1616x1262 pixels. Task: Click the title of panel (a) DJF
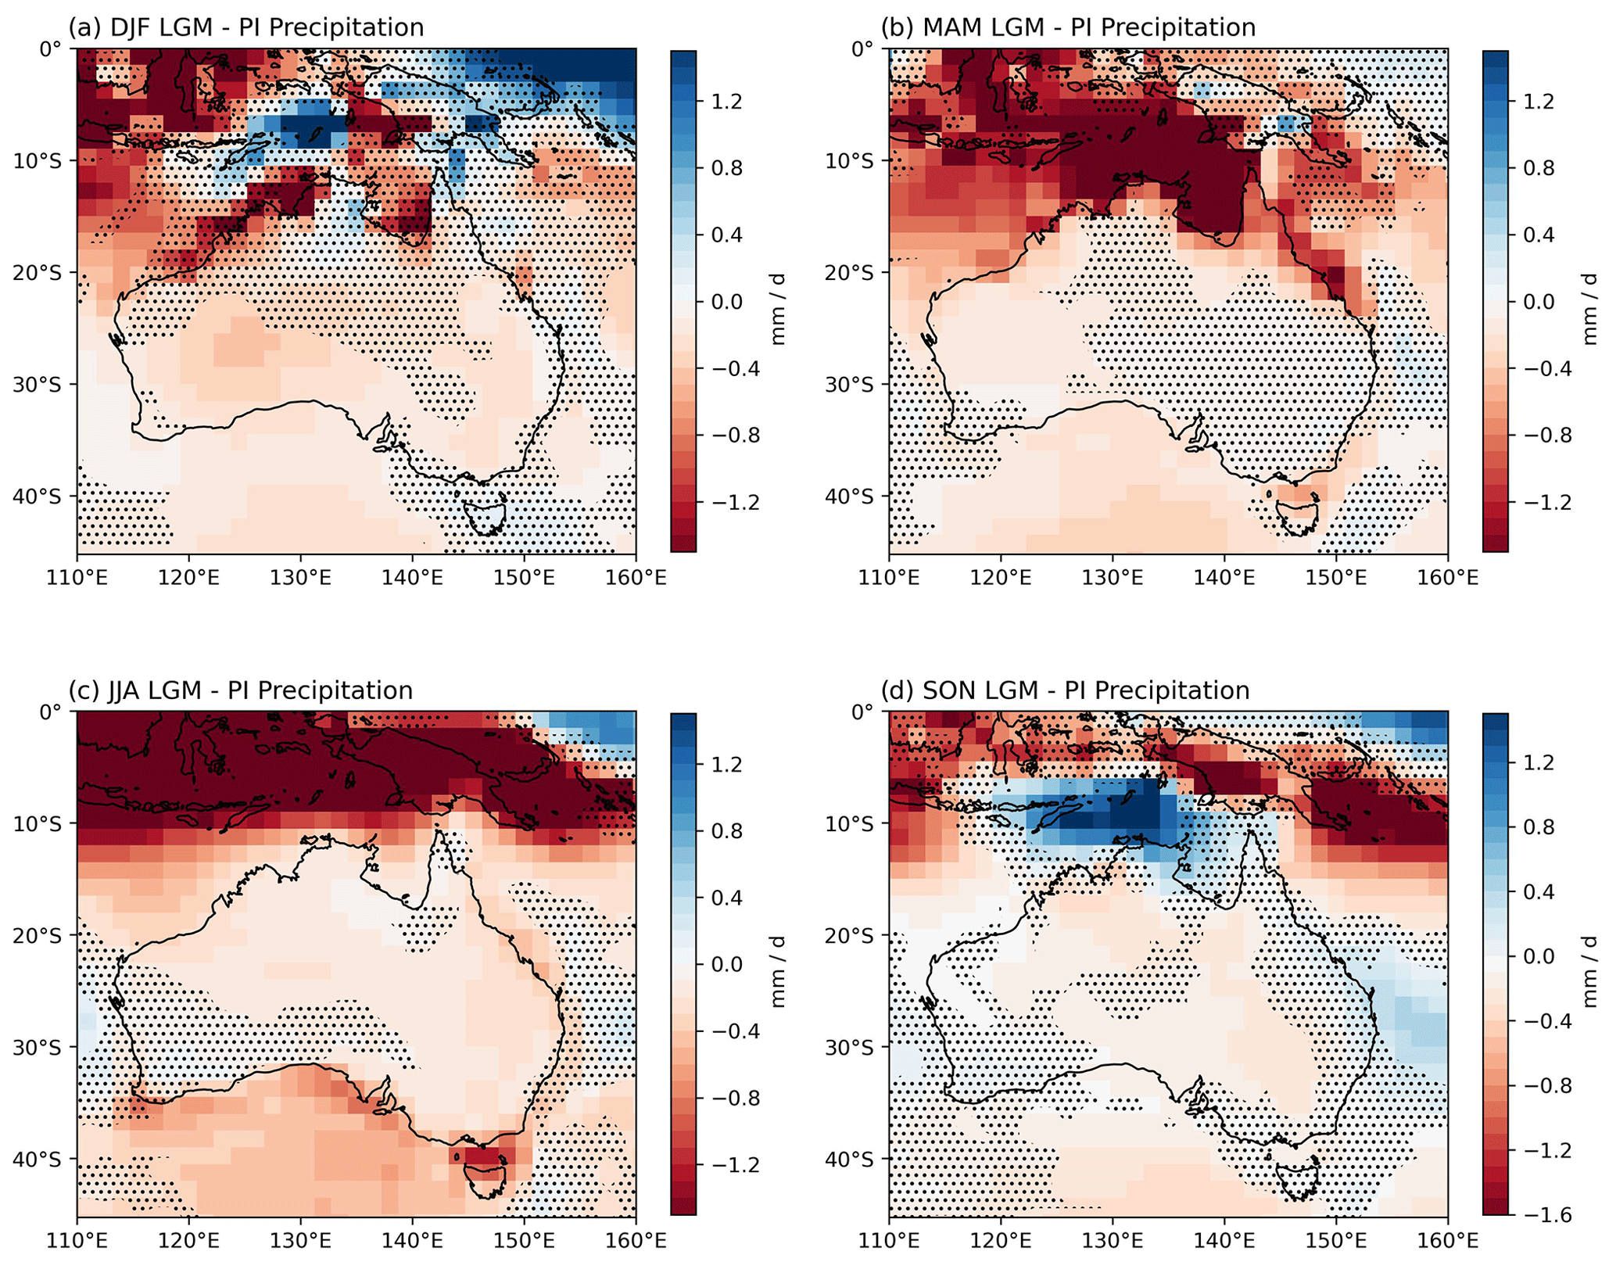point(246,27)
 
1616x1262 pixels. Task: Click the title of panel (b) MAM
point(1068,27)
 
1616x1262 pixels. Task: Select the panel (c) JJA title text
point(241,690)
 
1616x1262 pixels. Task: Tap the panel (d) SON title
point(1065,690)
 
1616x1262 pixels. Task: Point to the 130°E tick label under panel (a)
point(300,578)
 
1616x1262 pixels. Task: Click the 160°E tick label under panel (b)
point(1448,578)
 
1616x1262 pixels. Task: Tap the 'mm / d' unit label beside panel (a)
point(779,310)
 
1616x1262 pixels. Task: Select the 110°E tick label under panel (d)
point(889,1240)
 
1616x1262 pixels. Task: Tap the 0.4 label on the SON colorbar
point(1539,891)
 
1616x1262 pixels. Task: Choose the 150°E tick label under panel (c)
point(524,1240)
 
